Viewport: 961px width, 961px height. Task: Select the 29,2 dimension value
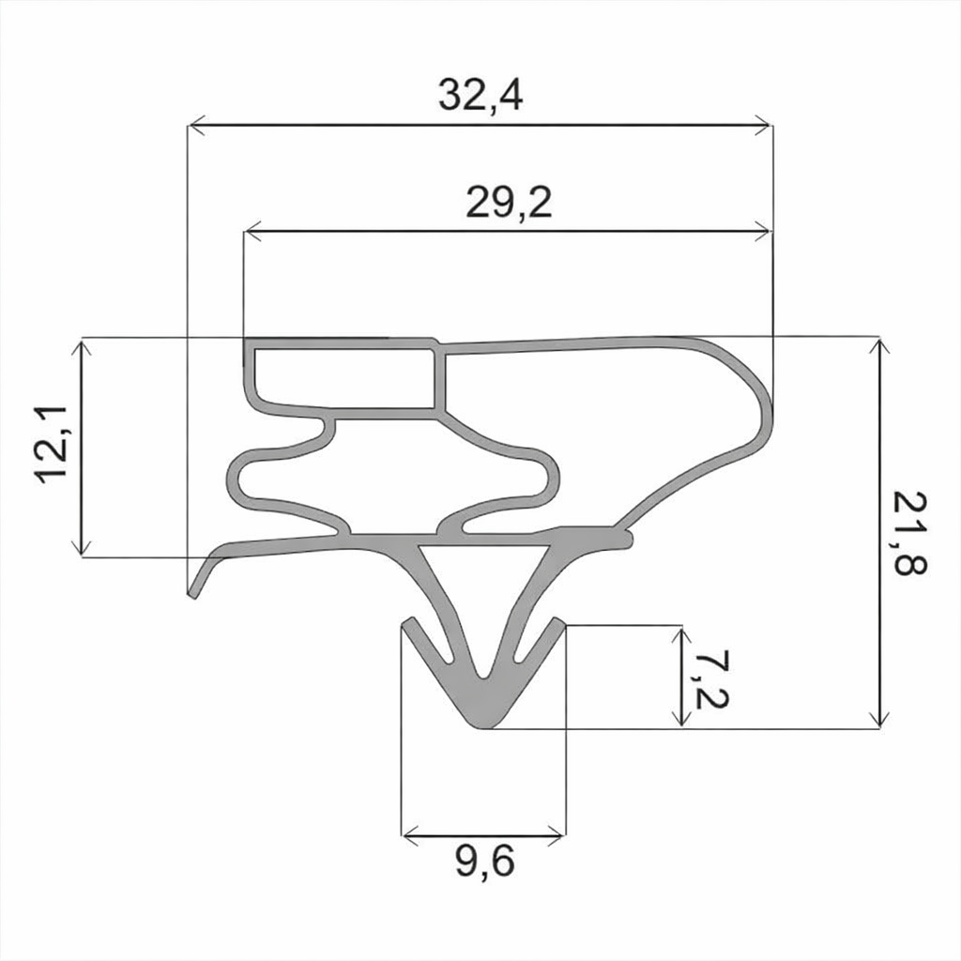pyautogui.click(x=509, y=203)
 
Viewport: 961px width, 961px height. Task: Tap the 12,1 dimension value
pyautogui.click(x=53, y=444)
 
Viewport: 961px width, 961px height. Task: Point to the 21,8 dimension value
pyautogui.click(x=909, y=533)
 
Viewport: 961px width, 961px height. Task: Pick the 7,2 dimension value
pyautogui.click(x=710, y=679)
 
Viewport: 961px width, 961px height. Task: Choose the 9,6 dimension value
pyautogui.click(x=485, y=862)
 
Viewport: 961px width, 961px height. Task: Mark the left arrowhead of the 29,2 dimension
pyautogui.click(x=252, y=233)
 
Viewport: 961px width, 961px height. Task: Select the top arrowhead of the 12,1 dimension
pyautogui.click(x=83, y=347)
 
